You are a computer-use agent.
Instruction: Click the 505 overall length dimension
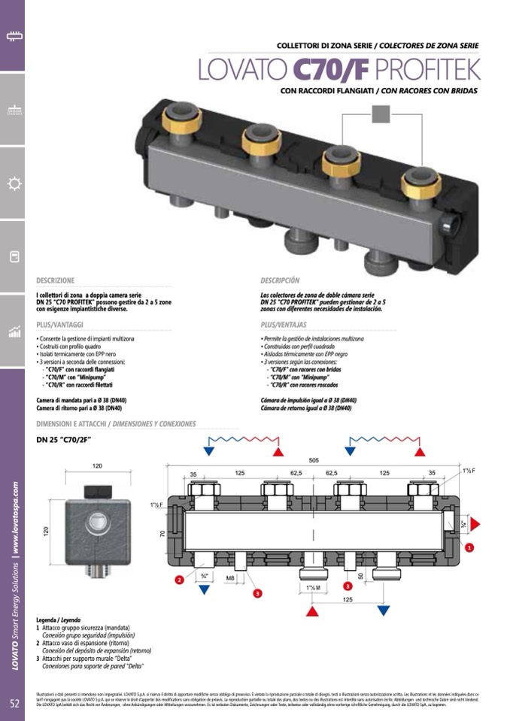click(313, 460)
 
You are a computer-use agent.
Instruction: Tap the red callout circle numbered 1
click(469, 547)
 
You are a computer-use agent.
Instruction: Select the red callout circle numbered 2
click(179, 580)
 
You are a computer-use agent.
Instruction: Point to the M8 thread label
click(232, 578)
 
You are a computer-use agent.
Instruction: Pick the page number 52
click(14, 703)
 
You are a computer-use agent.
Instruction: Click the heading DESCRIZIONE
click(56, 280)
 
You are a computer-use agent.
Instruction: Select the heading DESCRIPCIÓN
click(280, 280)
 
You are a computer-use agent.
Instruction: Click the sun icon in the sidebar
click(14, 183)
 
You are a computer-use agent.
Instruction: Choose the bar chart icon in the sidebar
click(14, 332)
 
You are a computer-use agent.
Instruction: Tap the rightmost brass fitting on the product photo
click(420, 180)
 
